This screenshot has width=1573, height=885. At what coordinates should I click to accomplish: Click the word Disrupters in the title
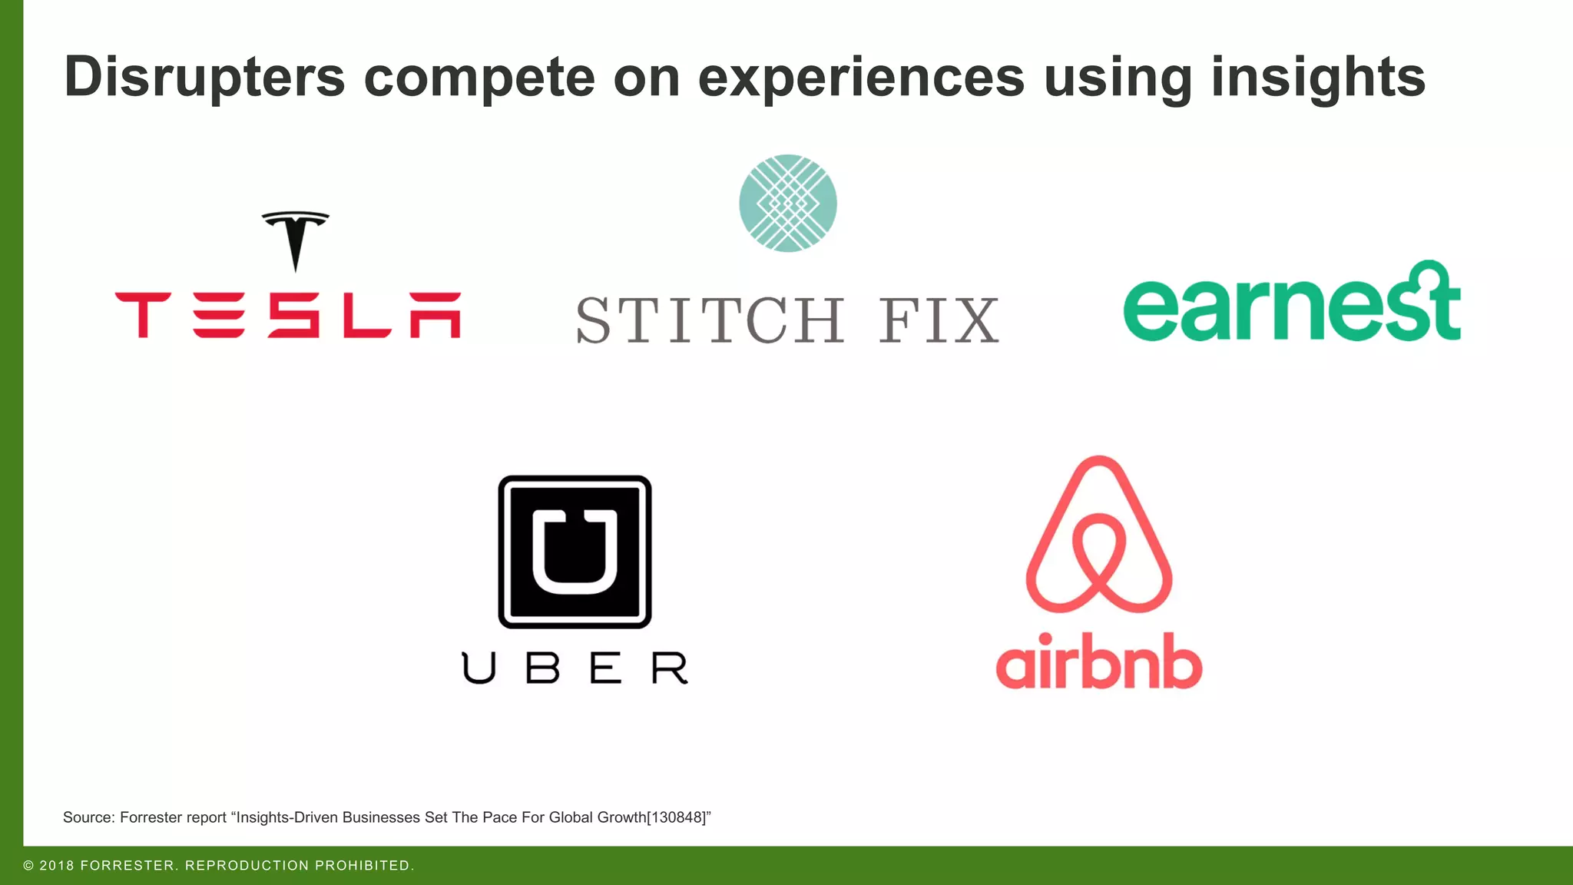point(204,77)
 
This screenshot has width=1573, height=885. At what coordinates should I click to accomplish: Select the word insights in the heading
point(1318,77)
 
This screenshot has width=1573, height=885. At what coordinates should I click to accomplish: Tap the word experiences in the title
point(861,77)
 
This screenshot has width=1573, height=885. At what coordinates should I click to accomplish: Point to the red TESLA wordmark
point(288,315)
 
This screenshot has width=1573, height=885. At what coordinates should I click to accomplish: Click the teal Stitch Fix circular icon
point(788,204)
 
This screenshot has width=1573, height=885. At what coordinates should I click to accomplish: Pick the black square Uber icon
point(575,552)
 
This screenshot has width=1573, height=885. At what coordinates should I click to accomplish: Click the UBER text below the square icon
point(575,668)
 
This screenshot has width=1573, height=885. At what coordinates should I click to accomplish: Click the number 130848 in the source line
point(677,817)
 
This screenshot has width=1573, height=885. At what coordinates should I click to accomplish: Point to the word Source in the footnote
point(88,817)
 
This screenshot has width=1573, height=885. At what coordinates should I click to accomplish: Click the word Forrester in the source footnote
point(151,817)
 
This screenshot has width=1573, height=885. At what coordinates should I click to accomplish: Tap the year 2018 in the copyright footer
point(57,866)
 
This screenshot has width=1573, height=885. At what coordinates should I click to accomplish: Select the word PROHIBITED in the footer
point(363,866)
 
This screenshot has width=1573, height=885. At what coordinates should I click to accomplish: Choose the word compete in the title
point(479,77)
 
